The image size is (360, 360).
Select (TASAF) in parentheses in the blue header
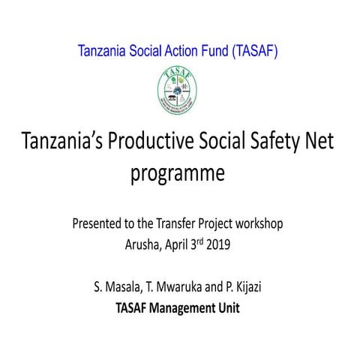pos(257,52)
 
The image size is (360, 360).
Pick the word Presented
pos(98,223)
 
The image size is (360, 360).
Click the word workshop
pos(259,223)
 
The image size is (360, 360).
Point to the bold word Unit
pos(229,307)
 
